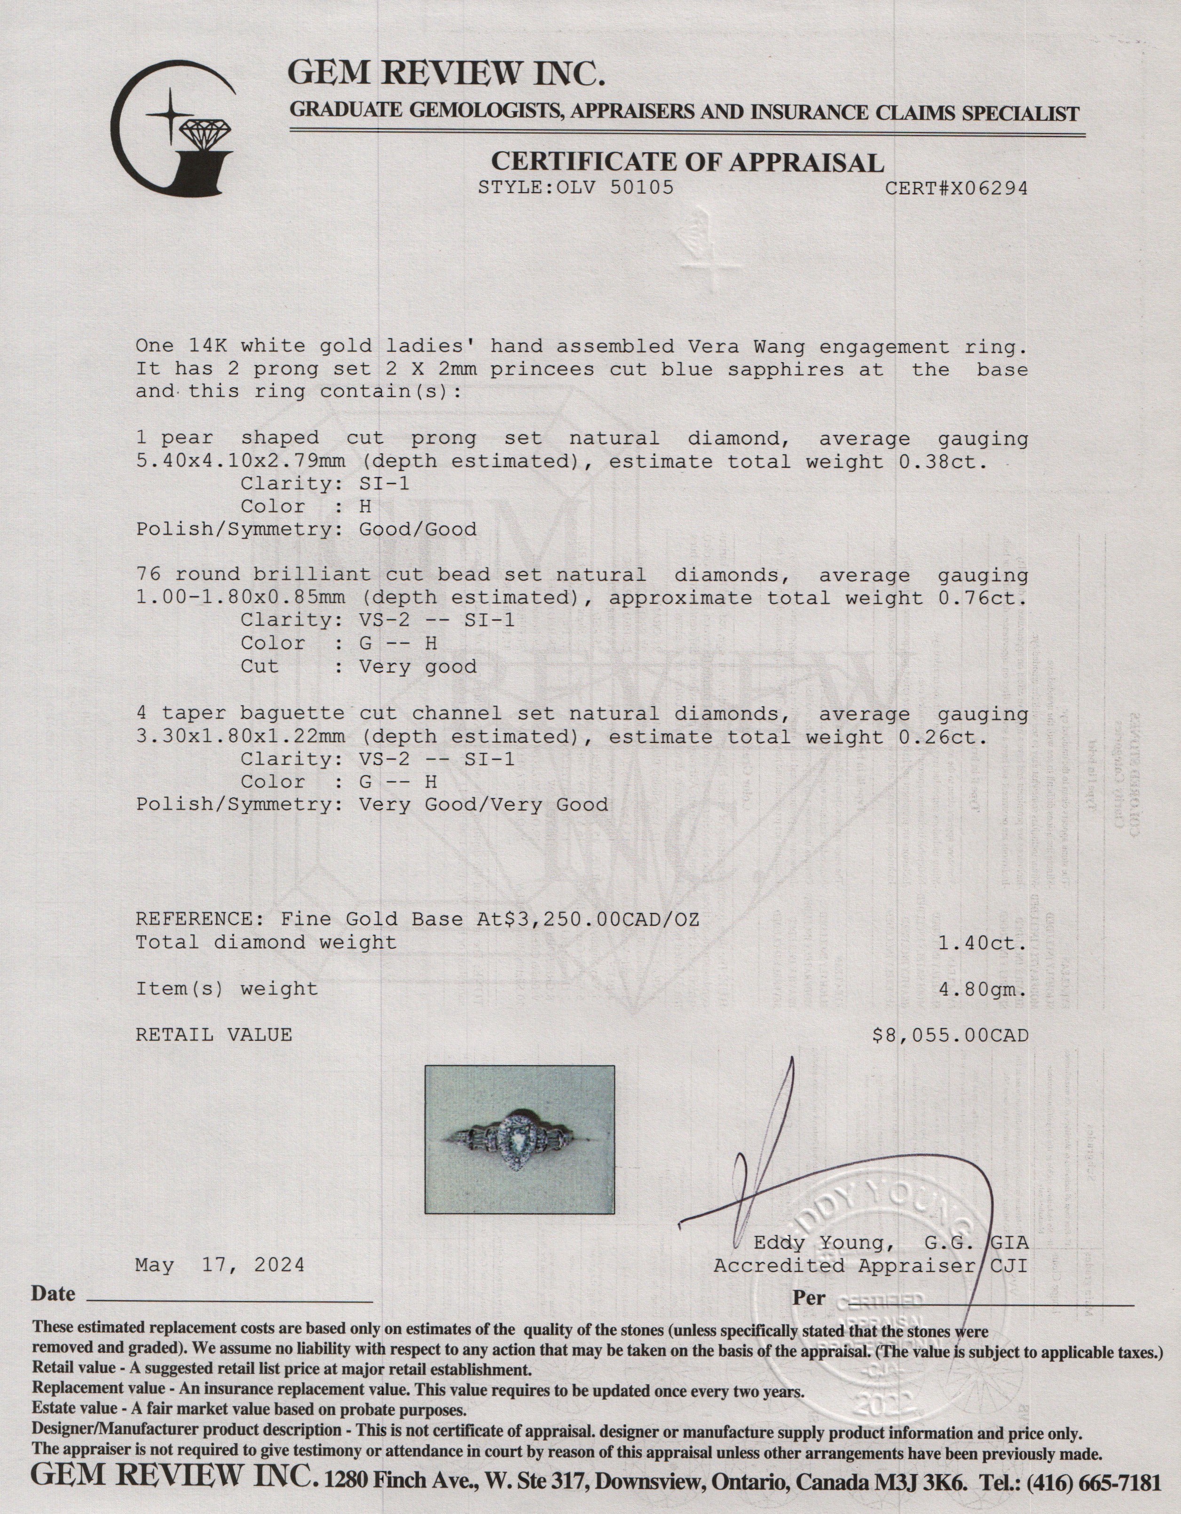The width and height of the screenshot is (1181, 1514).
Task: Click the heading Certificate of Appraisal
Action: [687, 162]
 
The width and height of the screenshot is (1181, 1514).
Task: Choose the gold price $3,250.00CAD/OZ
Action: [602, 920]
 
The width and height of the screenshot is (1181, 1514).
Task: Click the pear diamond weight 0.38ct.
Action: [943, 462]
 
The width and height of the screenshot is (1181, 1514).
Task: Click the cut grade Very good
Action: [417, 667]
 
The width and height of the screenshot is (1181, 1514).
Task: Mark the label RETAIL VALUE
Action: [213, 1036]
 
